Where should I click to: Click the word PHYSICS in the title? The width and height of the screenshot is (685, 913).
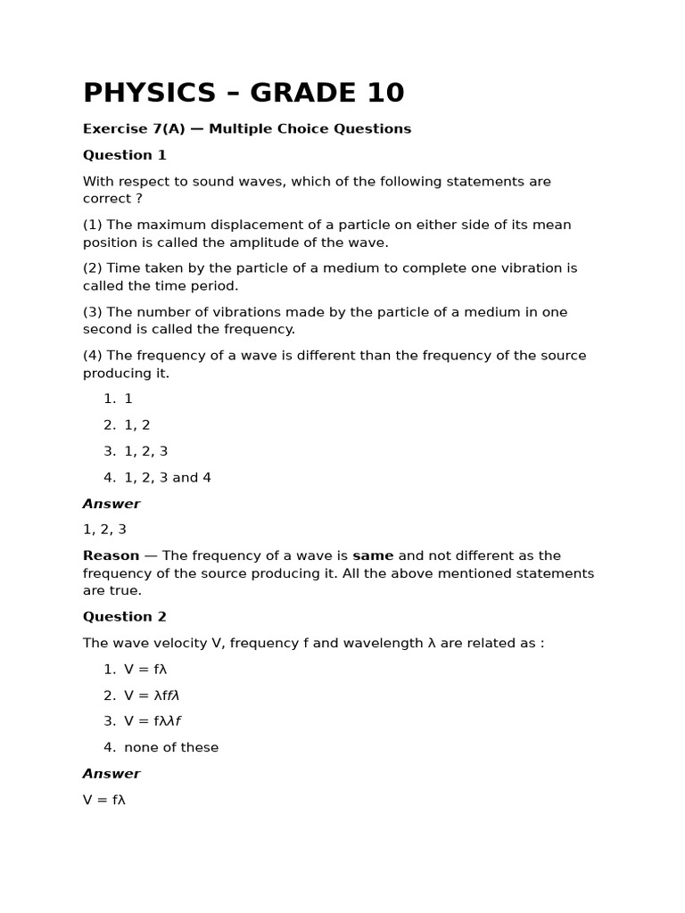click(x=149, y=93)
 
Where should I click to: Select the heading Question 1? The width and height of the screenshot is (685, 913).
click(x=125, y=155)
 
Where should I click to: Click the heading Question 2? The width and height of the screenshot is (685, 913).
click(x=125, y=617)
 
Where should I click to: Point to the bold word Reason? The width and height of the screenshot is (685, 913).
click(x=111, y=555)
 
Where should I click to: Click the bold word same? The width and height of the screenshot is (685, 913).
click(x=373, y=555)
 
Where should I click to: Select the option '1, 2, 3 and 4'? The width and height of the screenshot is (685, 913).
click(x=168, y=478)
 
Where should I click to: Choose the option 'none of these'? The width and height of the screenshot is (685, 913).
click(x=171, y=748)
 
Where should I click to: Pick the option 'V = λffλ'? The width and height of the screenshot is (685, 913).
click(x=152, y=695)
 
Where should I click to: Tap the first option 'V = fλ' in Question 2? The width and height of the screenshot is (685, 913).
click(x=145, y=670)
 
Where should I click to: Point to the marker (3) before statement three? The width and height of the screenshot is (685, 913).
click(x=93, y=312)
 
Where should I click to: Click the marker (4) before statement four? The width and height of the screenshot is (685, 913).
click(x=93, y=356)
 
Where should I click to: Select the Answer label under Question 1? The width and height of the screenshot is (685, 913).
click(x=111, y=504)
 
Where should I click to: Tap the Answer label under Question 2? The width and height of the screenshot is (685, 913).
click(x=111, y=774)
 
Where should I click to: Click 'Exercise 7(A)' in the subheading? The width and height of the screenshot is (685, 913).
click(x=134, y=129)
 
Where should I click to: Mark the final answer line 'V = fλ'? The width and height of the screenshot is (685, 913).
click(x=104, y=800)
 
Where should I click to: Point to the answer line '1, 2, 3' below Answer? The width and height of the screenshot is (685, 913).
click(x=104, y=530)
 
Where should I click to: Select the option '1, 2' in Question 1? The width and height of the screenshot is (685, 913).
click(x=137, y=425)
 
